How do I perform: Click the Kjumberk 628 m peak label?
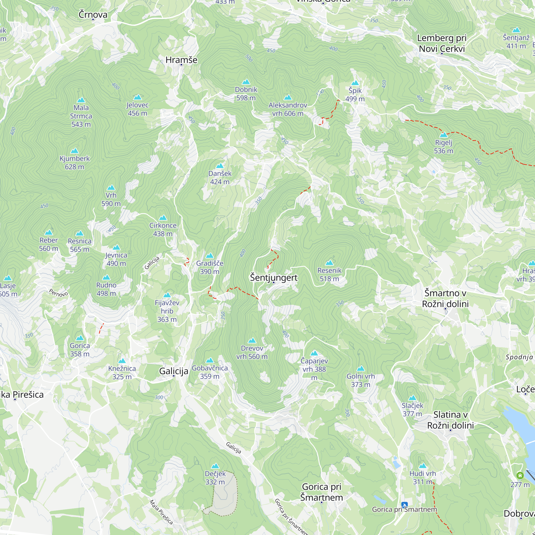tap(74, 163)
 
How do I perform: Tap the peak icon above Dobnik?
tap(246, 82)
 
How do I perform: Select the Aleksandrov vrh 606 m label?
tap(288, 109)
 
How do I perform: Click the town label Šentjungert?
tap(274, 277)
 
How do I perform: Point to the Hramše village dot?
tap(181, 65)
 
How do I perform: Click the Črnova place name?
tap(93, 14)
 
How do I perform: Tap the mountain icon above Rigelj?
tap(444, 135)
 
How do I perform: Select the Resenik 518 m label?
tap(329, 274)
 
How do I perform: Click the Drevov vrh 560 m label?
tap(252, 352)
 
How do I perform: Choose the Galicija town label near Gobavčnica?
tap(174, 371)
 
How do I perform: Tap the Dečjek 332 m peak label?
tap(215, 478)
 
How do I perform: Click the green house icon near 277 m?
tap(520, 475)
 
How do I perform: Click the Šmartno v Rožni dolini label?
tap(445, 298)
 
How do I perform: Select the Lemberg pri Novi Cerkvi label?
tap(442, 43)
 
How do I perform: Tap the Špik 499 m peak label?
tap(355, 94)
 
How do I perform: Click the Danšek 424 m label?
tap(220, 178)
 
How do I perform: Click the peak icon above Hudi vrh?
tap(423, 465)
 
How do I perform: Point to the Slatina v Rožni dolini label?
tap(450, 420)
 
